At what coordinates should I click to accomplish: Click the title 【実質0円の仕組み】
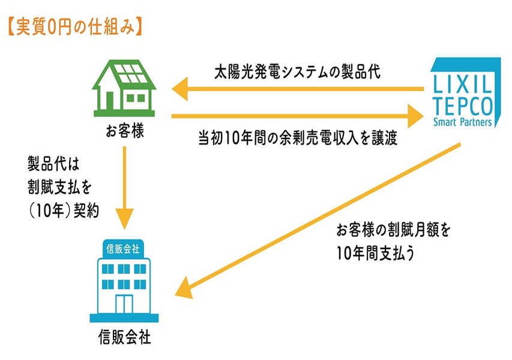75,27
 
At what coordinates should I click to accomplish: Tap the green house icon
124,88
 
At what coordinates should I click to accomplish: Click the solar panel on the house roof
131,73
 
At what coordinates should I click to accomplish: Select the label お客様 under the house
125,131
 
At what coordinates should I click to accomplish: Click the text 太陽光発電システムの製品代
297,72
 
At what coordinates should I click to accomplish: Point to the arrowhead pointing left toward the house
180,89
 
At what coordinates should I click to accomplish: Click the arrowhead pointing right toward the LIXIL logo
416,116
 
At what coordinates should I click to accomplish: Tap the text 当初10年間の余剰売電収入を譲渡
298,137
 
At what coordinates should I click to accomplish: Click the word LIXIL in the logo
462,84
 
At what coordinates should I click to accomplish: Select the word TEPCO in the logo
463,106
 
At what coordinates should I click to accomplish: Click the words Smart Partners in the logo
462,122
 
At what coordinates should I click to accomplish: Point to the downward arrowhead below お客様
124,218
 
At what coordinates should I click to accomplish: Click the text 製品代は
53,164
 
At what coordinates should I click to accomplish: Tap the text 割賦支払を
60,187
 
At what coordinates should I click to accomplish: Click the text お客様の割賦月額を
394,230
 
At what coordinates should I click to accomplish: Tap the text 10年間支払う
376,253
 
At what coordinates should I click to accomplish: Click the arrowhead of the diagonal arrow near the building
185,288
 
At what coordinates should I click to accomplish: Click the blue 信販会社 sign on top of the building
123,249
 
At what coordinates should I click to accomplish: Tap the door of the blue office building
124,304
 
